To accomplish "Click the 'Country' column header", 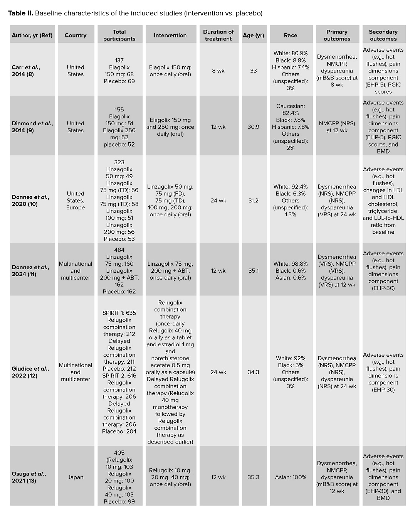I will click(76, 35).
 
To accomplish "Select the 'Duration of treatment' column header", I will click(218, 35).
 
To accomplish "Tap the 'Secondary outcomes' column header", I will click(383, 35).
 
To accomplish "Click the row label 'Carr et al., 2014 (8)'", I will click(26, 71).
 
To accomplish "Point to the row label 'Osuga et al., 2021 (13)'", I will click(29, 477).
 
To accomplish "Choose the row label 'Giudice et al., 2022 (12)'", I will click(30, 372).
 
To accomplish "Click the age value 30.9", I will click(253, 127).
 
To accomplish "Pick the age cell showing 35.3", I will click(253, 477).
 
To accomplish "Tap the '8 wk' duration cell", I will click(218, 71).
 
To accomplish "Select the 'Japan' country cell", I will click(76, 477).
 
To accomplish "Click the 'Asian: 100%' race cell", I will click(291, 477).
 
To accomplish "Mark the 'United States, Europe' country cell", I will click(76, 201).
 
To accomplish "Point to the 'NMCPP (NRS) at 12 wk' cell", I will click(337, 127).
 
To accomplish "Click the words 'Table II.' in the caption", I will click(20, 13).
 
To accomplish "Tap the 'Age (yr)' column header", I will click(253, 35).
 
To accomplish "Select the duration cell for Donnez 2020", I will click(218, 201).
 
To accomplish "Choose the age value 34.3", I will click(253, 372).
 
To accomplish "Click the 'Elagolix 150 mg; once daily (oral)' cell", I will click(170, 71).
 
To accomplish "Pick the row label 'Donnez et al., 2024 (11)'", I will click(30, 271).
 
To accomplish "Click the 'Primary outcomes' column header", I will click(337, 35).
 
